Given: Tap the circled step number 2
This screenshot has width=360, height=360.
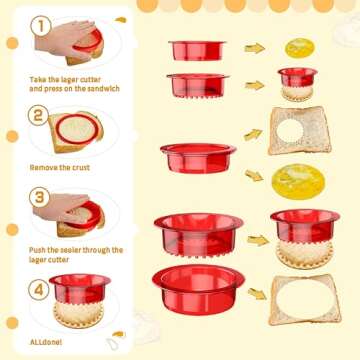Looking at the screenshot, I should [39, 116].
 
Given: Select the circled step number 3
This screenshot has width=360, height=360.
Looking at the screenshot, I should [38, 197].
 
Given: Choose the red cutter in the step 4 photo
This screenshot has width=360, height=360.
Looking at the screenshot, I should [80, 289].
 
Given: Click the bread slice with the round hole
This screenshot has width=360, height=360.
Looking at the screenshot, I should [297, 131].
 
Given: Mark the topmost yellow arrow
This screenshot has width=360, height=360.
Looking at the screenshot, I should [255, 48].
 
